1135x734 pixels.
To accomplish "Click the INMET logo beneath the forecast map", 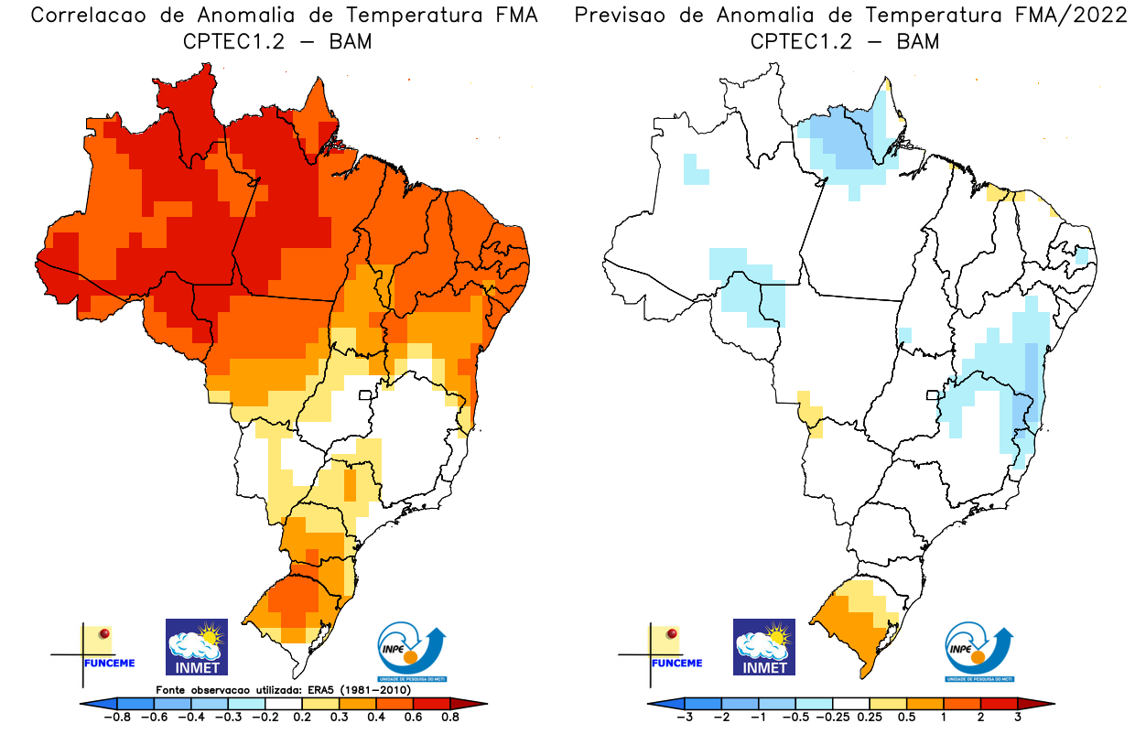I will click(764, 646).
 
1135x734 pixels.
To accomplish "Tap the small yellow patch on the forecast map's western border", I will click(809, 412).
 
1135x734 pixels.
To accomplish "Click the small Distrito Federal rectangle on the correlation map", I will click(364, 396).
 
